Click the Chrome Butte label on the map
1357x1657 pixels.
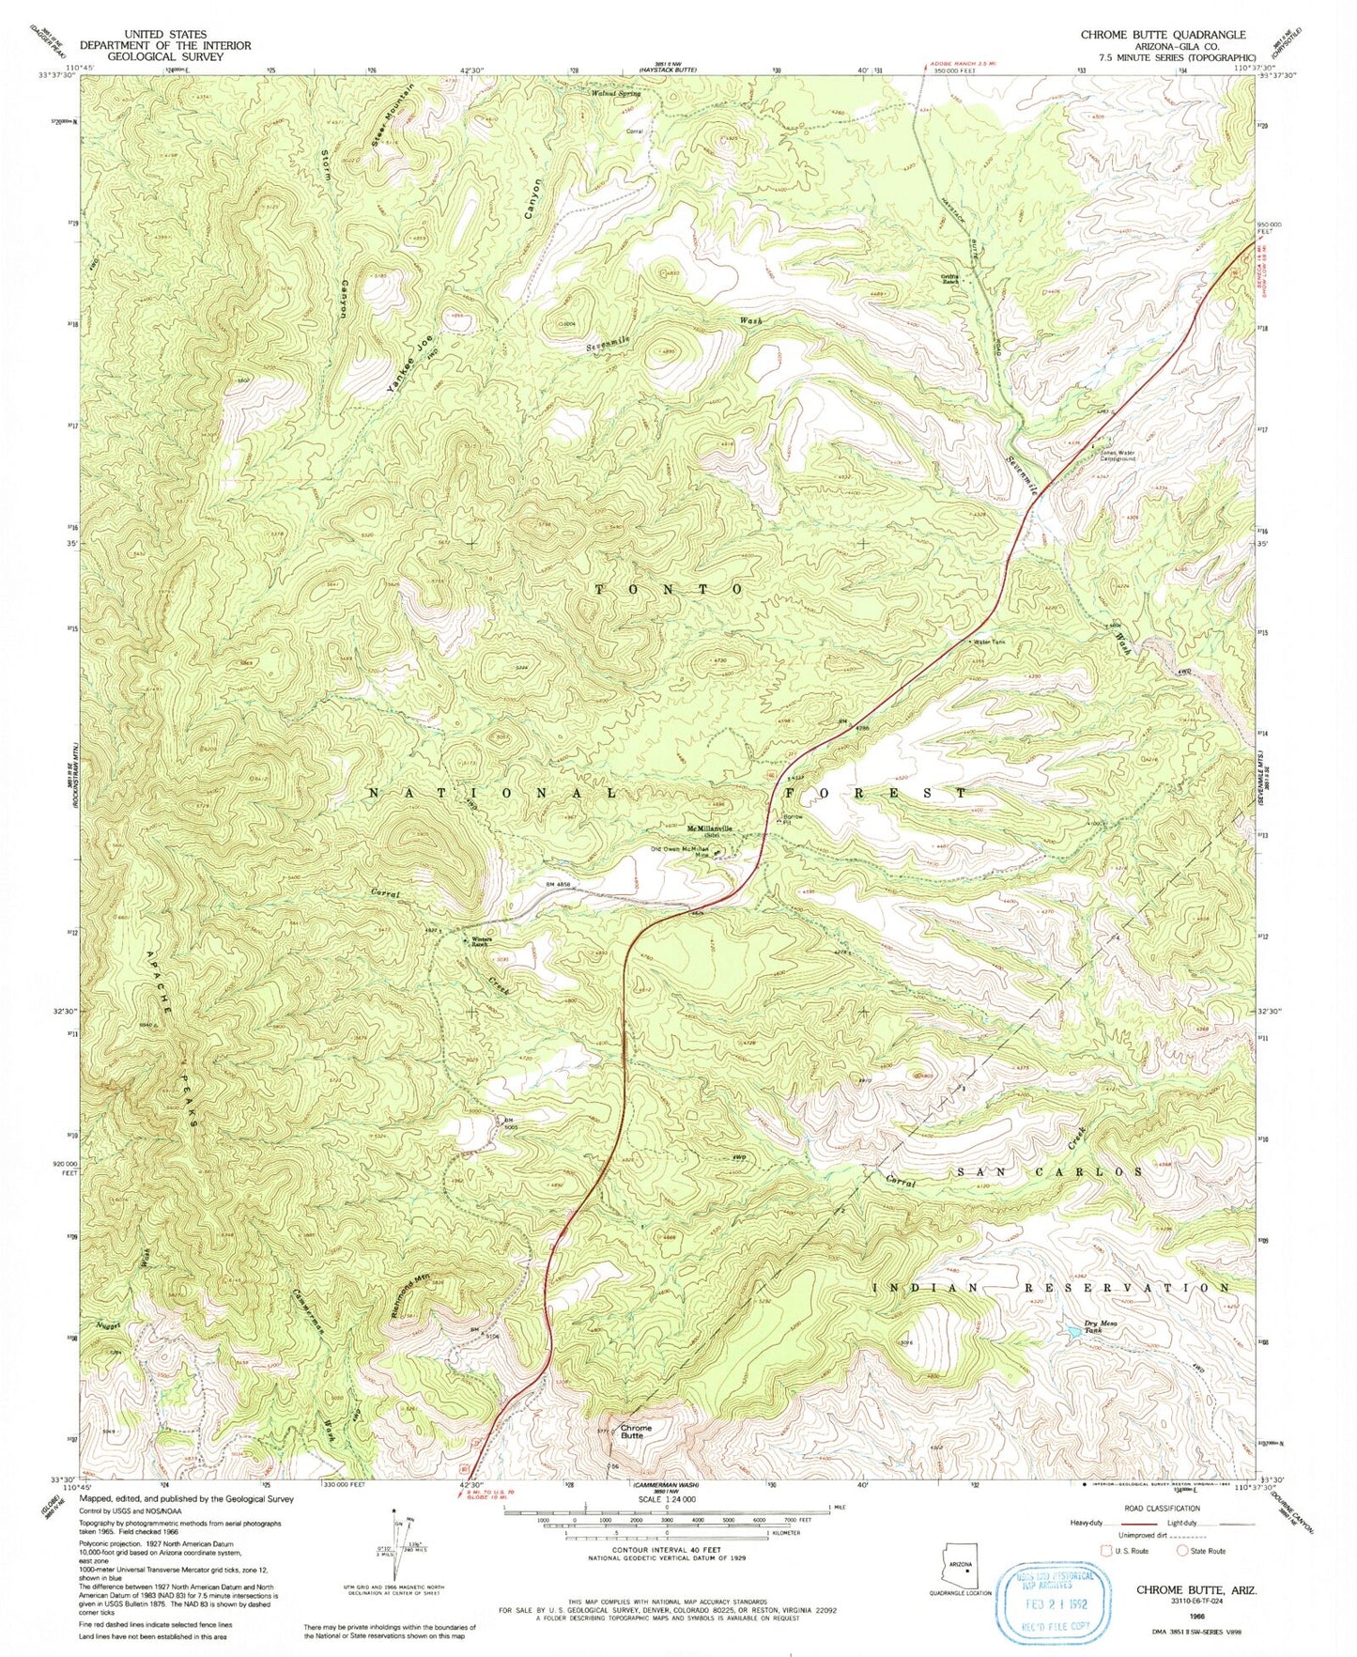[636, 1432]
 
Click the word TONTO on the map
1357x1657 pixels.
[671, 589]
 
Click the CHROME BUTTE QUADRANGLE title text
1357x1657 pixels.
[1163, 35]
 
